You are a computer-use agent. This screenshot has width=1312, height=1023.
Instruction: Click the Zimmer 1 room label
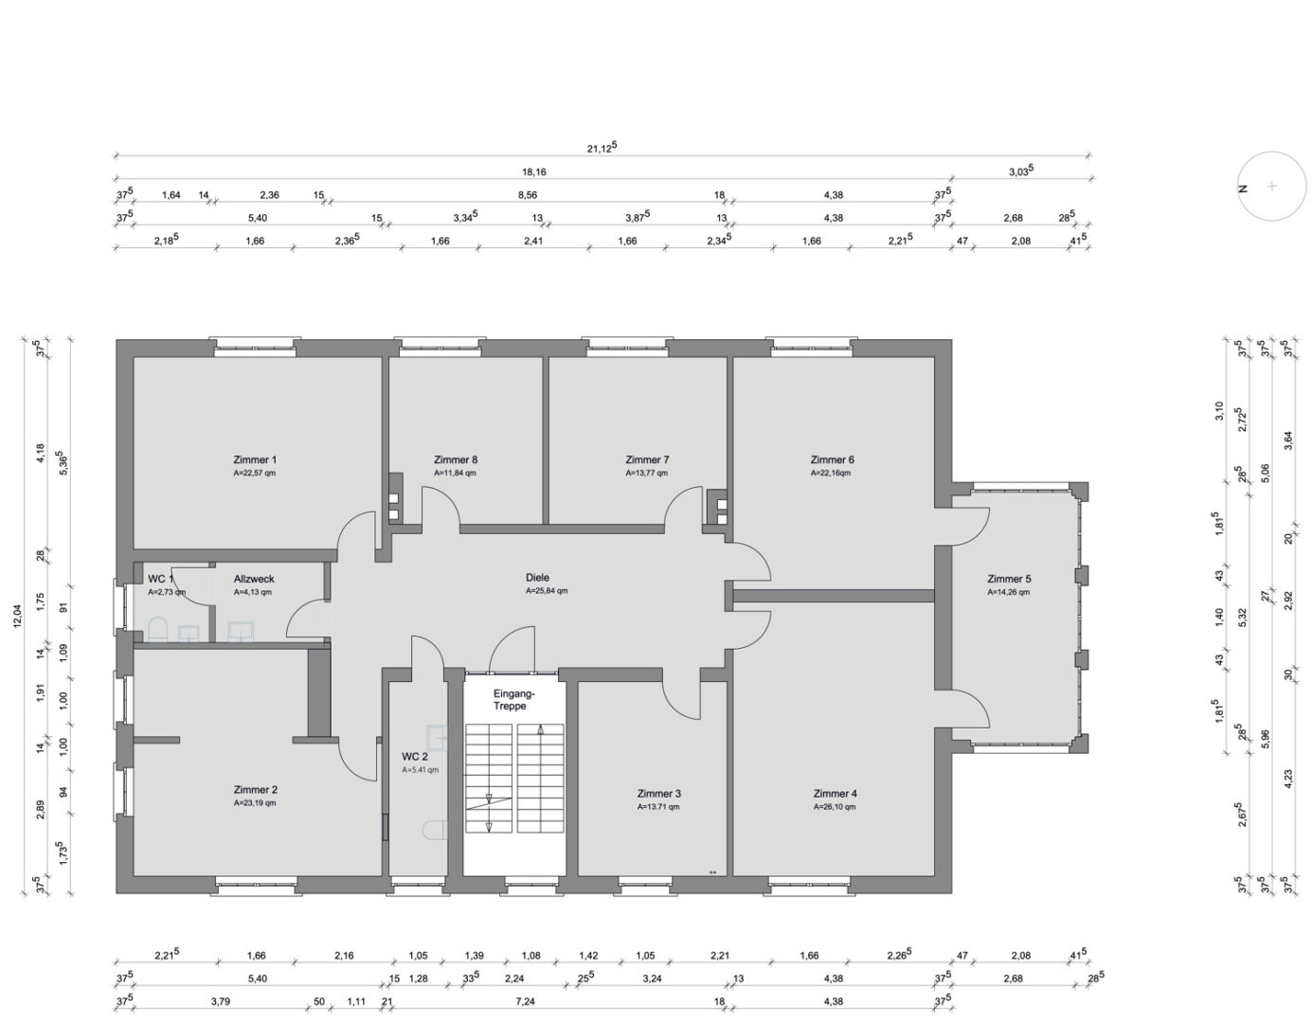pyautogui.click(x=255, y=460)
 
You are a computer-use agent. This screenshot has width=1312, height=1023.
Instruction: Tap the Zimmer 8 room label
pyautogui.click(x=456, y=460)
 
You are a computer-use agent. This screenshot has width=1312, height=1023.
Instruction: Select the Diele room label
pyautogui.click(x=537, y=578)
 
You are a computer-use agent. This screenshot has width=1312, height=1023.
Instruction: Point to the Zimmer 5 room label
pyautogui.click(x=1009, y=579)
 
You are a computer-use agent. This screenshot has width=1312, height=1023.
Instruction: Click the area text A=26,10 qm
pyautogui.click(x=835, y=806)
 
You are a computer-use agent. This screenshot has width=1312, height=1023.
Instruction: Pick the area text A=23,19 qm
pyautogui.click(x=255, y=802)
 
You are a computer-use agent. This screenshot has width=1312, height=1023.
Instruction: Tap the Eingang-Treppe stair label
pyautogui.click(x=511, y=700)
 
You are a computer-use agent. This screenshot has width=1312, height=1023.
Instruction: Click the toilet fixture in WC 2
pyautogui.click(x=434, y=831)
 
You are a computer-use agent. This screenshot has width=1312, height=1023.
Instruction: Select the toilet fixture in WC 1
pyautogui.click(x=157, y=630)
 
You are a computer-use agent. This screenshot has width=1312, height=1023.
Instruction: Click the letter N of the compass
pyautogui.click(x=1243, y=188)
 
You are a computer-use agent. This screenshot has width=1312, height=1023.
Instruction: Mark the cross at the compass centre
pyautogui.click(x=1272, y=186)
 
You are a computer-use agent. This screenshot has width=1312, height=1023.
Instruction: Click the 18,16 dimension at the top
pyautogui.click(x=533, y=172)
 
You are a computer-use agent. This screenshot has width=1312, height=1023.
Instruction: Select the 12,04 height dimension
pyautogui.click(x=17, y=616)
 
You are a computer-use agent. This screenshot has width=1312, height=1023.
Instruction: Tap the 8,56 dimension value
pyautogui.click(x=527, y=195)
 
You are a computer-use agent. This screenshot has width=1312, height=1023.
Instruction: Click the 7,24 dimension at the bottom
pyautogui.click(x=525, y=1001)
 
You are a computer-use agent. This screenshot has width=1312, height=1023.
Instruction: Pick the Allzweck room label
pyautogui.click(x=254, y=579)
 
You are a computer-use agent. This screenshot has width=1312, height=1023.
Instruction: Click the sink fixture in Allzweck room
pyautogui.click(x=241, y=632)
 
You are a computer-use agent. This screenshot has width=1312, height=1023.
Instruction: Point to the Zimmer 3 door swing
pyautogui.click(x=682, y=700)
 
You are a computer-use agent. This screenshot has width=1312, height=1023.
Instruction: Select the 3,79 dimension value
pyautogui.click(x=221, y=1001)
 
